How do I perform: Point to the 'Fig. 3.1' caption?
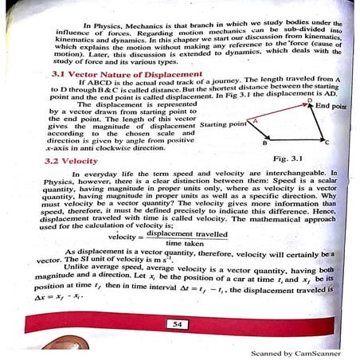tap(302, 158)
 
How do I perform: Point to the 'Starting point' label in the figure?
tap(224, 126)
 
